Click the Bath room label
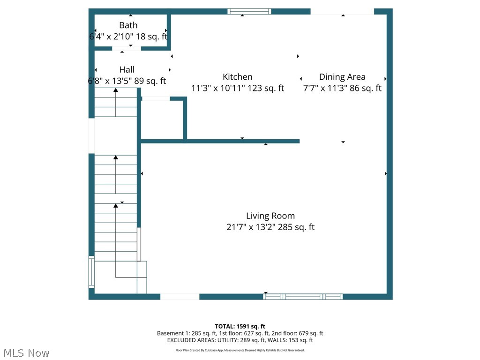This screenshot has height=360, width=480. (x=128, y=25)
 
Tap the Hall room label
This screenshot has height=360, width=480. (x=127, y=70)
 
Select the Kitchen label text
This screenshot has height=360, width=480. (x=237, y=77)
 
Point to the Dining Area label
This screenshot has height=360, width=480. (x=342, y=77)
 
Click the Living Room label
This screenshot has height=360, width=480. (x=270, y=216)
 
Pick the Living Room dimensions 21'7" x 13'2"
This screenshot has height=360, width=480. (x=251, y=227)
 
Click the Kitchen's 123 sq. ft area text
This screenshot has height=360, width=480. (x=269, y=88)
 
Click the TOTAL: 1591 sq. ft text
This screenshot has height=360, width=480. (x=240, y=326)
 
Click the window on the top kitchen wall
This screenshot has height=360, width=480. (x=249, y=11)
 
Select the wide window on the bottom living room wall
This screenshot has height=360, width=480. (x=303, y=296)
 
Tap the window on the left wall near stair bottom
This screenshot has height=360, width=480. (x=91, y=272)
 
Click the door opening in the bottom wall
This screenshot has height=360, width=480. (x=180, y=296)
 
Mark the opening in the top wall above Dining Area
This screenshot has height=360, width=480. (x=342, y=11)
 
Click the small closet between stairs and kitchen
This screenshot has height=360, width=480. (x=162, y=120)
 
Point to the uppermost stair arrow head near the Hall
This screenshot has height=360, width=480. (x=116, y=90)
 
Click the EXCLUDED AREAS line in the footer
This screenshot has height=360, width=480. (x=240, y=340)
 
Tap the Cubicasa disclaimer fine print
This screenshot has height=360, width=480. (x=240, y=350)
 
